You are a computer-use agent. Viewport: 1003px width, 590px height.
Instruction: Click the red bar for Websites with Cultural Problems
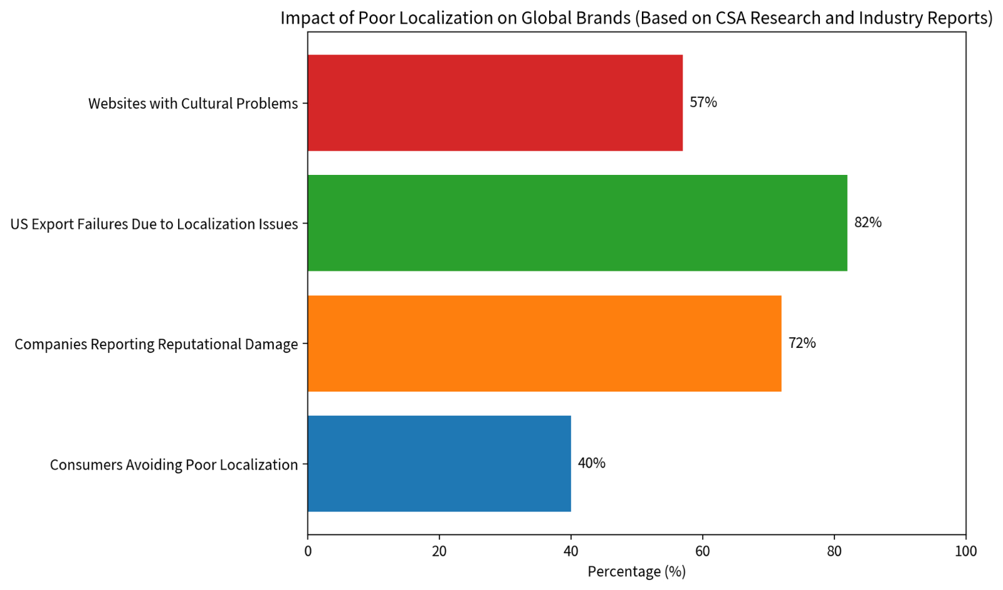[x=495, y=103]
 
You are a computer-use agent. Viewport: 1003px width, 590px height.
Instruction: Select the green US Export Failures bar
[x=577, y=223]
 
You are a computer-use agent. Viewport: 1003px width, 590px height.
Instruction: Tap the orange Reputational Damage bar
[x=544, y=344]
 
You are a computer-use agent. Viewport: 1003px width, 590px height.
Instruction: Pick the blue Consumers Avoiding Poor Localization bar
[x=439, y=464]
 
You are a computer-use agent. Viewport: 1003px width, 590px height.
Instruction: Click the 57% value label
[x=703, y=102]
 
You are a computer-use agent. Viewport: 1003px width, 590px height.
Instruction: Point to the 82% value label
[x=868, y=223]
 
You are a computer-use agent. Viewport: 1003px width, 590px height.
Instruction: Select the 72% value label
[x=802, y=343]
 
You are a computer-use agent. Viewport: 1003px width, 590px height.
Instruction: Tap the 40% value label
[x=591, y=463]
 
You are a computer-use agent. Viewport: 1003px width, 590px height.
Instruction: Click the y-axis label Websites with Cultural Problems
[x=192, y=103]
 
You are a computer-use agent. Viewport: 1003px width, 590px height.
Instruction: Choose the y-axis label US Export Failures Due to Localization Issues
[x=154, y=224]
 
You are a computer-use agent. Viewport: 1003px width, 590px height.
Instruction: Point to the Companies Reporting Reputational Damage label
[x=156, y=344]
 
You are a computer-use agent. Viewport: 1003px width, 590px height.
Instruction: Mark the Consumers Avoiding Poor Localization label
[x=174, y=465]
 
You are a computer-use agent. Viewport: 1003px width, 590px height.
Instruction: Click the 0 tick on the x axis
[x=308, y=551]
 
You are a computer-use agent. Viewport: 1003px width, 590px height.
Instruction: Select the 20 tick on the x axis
[x=439, y=551]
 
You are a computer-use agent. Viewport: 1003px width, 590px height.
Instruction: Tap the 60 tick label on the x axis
[x=703, y=551]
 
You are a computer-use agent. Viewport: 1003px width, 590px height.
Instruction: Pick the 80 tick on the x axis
[x=834, y=551]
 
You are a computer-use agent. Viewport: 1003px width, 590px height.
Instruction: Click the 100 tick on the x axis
[x=966, y=551]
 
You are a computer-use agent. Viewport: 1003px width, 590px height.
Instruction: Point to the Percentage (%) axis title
[x=636, y=572]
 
